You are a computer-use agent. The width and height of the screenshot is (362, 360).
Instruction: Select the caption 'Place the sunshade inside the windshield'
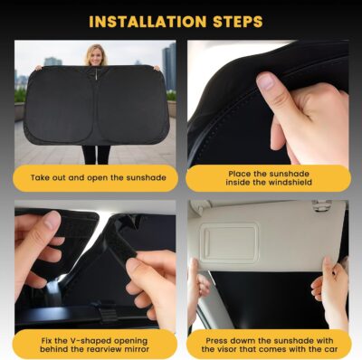(267, 177)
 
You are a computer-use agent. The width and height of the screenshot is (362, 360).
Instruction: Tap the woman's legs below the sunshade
(95, 155)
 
